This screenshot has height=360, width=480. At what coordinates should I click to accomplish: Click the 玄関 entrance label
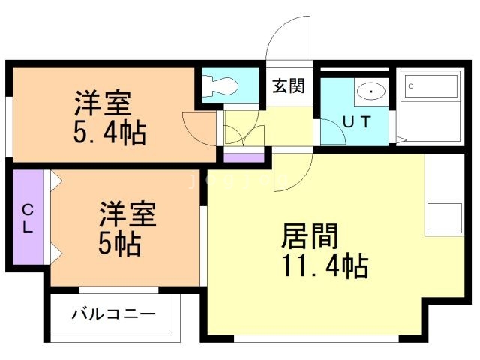288,86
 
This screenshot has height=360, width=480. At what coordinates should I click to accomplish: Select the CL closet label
27,218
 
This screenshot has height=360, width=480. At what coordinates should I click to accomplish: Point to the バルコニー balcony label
114,313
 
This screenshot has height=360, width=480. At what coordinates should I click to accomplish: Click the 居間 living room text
310,236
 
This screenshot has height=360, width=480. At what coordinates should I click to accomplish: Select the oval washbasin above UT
370,91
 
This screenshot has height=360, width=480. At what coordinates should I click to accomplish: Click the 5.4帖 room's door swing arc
199,127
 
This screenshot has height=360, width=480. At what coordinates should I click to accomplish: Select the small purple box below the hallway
244,157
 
